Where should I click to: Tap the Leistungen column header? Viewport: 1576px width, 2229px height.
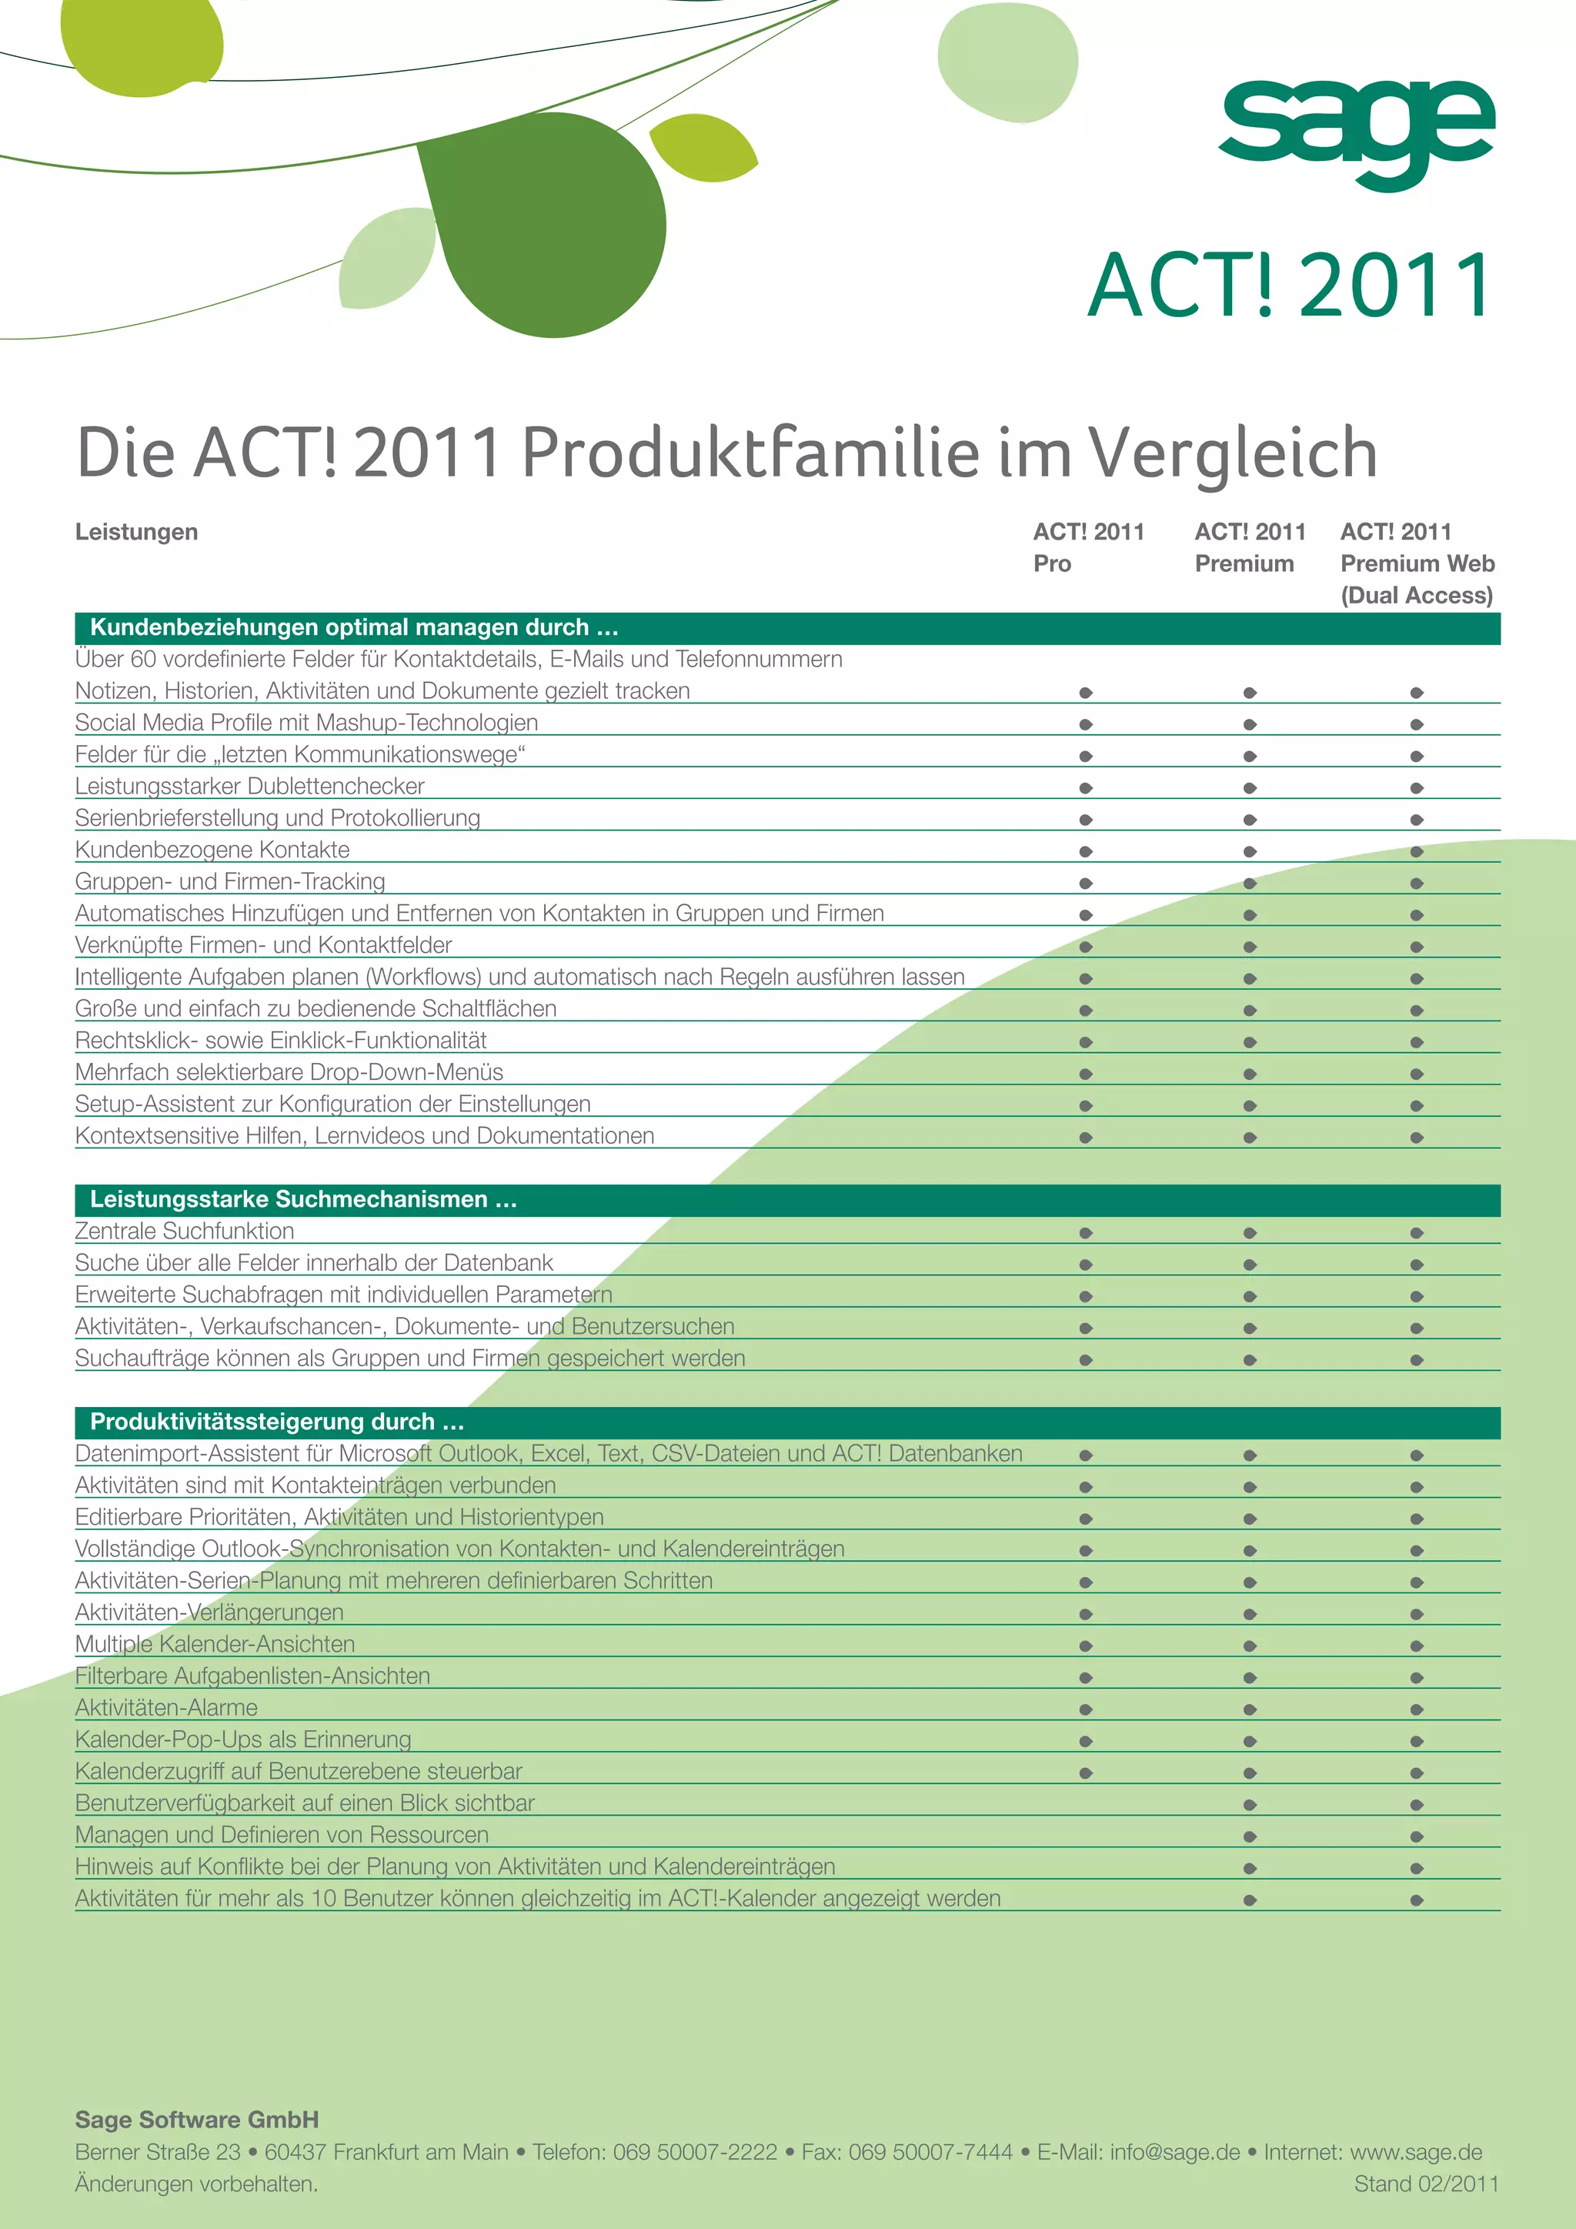pos(137,532)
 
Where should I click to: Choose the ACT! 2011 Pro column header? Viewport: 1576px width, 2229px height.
pos(1088,547)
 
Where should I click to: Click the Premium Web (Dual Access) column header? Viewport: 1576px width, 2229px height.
pos(1416,564)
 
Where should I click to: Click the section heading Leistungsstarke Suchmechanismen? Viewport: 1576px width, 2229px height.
pos(302,1199)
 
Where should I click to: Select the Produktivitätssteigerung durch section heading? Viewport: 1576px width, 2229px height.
pos(276,1422)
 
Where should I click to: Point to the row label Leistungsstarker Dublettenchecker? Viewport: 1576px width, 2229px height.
pos(249,787)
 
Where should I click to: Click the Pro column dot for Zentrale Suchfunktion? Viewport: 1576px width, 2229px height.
pos(1086,1233)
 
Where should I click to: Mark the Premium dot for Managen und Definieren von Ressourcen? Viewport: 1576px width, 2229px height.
pos(1250,1836)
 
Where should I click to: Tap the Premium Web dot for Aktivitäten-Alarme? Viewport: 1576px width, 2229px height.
pos(1417,1709)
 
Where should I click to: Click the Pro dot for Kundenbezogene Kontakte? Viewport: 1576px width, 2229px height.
pos(1086,851)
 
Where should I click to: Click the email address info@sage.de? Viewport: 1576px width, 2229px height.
pos(1174,2152)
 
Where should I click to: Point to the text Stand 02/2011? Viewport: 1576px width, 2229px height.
pos(1426,2184)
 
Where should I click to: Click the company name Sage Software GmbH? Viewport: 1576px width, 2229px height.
pos(197,2120)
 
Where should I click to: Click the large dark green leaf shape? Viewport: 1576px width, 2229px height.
pos(546,226)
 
